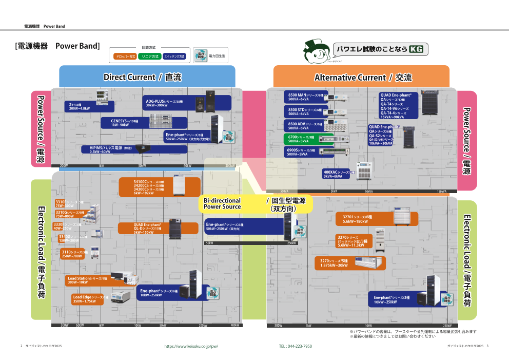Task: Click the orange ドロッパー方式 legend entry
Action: coord(123,56)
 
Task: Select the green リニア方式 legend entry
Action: coord(149,56)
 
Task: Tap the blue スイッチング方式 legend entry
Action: coord(174,56)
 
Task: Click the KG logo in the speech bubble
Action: coord(416,49)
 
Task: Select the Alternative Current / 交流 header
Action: coord(363,78)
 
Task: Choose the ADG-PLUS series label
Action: coord(165,103)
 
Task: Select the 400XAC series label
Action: coord(337,174)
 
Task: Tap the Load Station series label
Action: coord(88,280)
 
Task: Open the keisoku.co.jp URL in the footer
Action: coord(191,346)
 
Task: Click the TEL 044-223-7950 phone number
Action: coord(295,346)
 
